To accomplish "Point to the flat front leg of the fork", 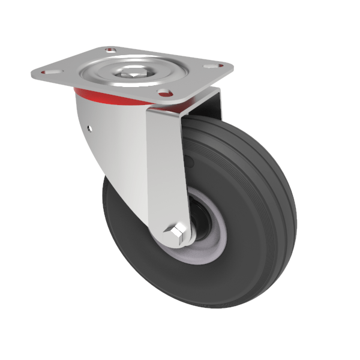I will click(165, 162).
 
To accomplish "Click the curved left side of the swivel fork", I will click(111, 144).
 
